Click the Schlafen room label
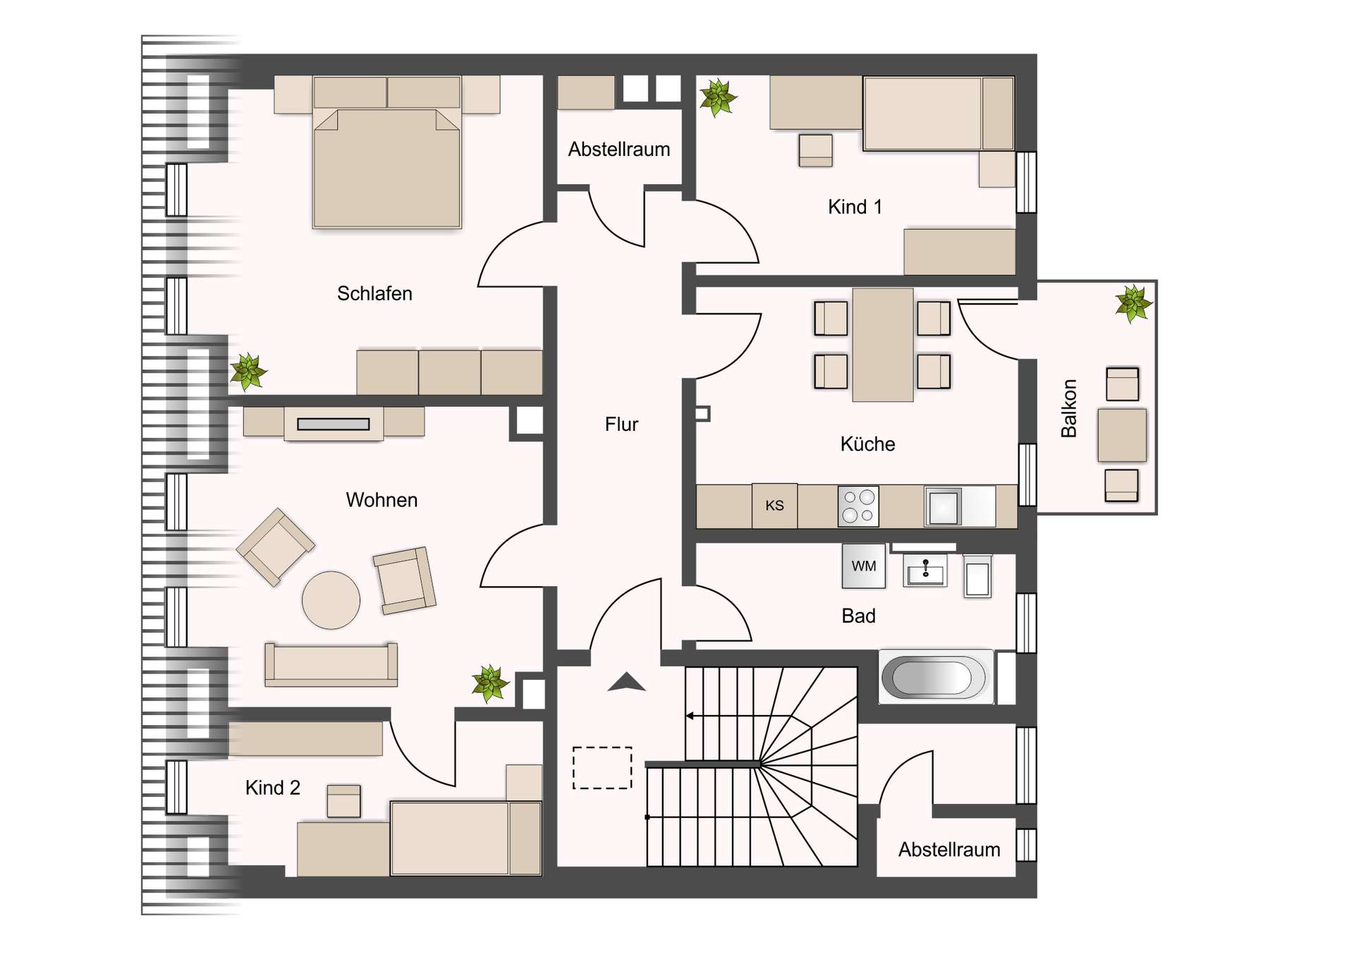[x=374, y=293]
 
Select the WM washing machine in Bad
[x=863, y=566]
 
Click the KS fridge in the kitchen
[x=774, y=506]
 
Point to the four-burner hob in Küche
[x=858, y=506]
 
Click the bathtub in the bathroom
[x=935, y=678]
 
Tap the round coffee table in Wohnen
[x=331, y=600]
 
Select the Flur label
[x=621, y=425]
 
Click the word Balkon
[x=1069, y=408]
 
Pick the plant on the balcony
[x=1133, y=304]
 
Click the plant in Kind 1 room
[x=718, y=97]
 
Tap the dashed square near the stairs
[x=602, y=767]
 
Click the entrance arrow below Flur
[x=626, y=682]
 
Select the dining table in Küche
[x=882, y=345]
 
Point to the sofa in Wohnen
[x=331, y=665]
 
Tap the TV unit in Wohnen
[x=334, y=424]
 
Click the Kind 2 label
[x=273, y=788]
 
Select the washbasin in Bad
[x=925, y=571]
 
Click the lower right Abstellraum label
[x=949, y=850]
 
